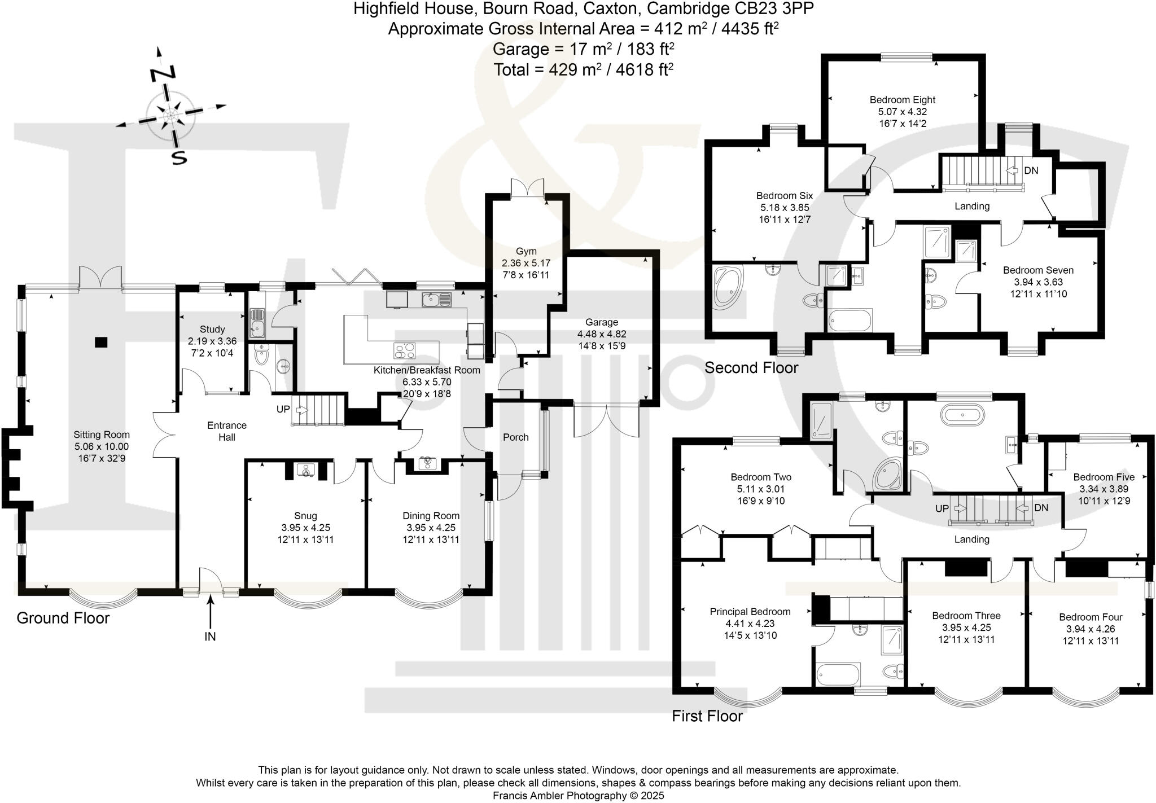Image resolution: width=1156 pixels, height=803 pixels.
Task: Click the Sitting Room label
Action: coord(102,435)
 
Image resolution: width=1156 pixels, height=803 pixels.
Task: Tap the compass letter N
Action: coord(163,74)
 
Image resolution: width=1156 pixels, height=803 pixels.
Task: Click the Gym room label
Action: coord(526,251)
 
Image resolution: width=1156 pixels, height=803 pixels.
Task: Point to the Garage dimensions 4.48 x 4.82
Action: coord(601,334)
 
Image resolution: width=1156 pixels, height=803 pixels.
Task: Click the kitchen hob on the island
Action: coord(404,351)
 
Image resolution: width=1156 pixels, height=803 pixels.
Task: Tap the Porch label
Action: coord(515,437)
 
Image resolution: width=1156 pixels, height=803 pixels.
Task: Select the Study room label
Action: coord(212,329)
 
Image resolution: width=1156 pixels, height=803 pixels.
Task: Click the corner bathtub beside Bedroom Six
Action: coord(729,288)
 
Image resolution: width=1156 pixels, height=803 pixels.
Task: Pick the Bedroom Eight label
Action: coord(903,100)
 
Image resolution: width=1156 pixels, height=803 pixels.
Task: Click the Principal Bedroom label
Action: coord(750,612)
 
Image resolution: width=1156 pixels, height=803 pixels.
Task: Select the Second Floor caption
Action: coord(751,368)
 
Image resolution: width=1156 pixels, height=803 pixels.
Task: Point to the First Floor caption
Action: coord(707,717)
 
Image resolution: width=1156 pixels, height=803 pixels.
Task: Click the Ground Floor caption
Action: coord(63,618)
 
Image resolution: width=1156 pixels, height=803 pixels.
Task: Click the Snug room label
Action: coord(305,516)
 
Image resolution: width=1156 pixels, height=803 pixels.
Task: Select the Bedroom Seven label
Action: coord(1038,270)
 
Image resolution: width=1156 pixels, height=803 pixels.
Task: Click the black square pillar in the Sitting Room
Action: coord(101,341)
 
